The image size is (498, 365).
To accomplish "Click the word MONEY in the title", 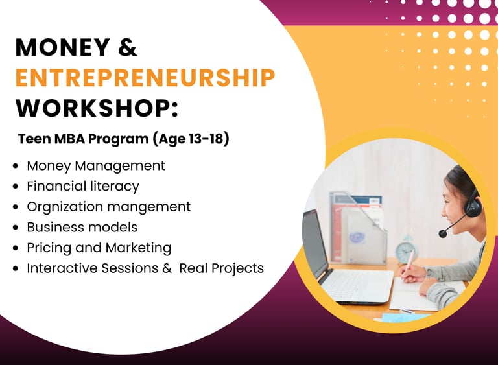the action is pos(62,47).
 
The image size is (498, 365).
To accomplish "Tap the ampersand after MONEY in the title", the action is pos(127,47).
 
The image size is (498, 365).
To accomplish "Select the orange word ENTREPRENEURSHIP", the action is pos(145,78).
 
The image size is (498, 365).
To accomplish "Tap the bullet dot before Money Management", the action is pos(16,166).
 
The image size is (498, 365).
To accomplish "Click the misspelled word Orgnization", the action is pos(65,207).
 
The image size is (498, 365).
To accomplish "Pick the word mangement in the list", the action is pos(149,207).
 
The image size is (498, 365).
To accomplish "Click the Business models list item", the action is pos(82,227).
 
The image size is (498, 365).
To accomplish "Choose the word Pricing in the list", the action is pos(49,248).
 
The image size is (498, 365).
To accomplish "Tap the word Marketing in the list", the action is pos(139,248).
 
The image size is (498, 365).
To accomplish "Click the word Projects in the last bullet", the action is pos(237,268).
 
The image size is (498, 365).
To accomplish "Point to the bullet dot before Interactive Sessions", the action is pos(16,268).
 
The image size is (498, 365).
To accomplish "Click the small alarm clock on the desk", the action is pos(405,251).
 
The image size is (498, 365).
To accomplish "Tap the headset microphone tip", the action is pos(443,234).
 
